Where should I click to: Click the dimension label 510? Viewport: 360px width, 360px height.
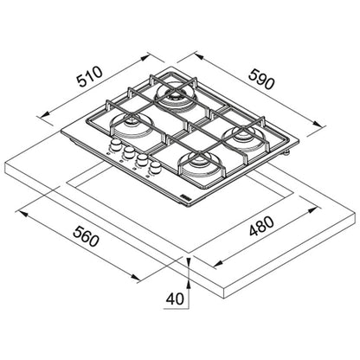(x=90, y=77)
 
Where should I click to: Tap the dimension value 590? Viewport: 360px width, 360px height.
(x=261, y=79)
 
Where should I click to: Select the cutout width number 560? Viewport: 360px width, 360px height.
(x=86, y=236)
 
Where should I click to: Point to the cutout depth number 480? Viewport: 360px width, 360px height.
(x=261, y=226)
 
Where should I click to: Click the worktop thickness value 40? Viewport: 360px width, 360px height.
(x=175, y=299)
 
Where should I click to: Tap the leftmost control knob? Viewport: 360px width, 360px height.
(x=115, y=145)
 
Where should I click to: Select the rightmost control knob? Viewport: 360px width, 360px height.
(x=156, y=167)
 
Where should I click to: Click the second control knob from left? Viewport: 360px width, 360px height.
(x=129, y=151)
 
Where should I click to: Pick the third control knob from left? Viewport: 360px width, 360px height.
(x=142, y=159)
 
